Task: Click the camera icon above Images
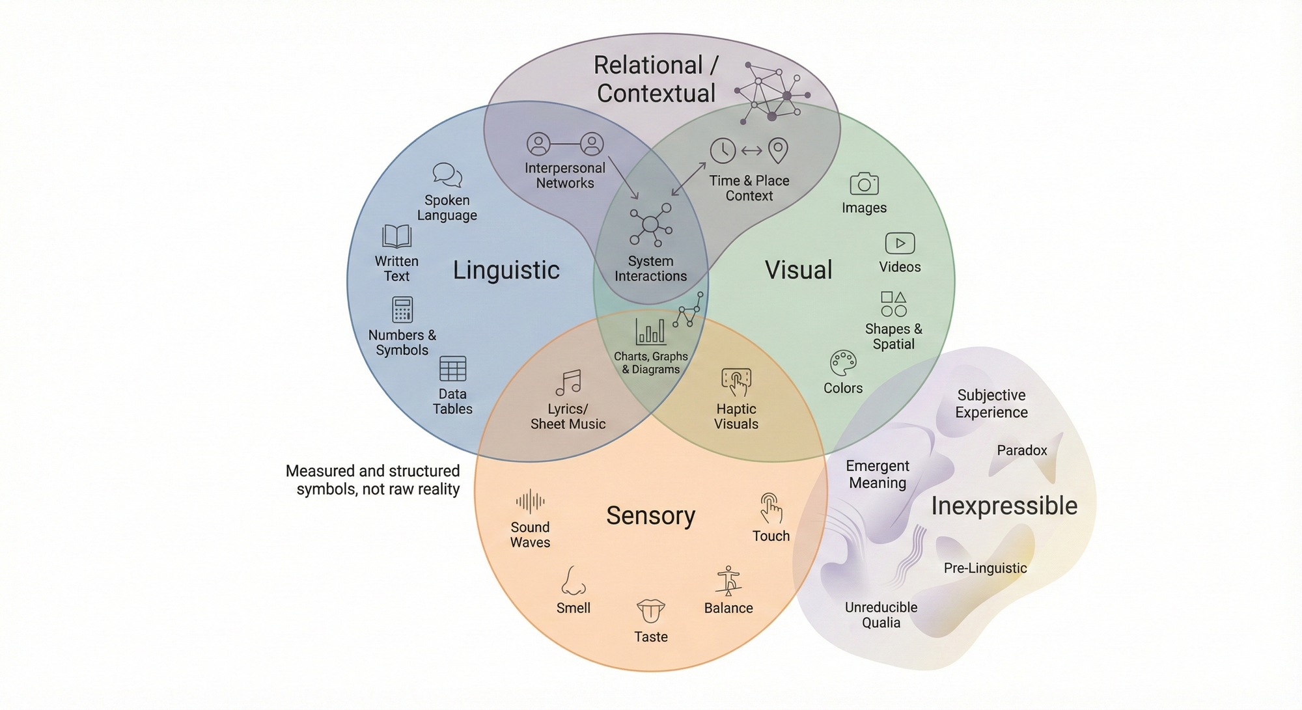click(864, 184)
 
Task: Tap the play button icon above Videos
click(900, 243)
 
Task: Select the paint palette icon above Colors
click(843, 363)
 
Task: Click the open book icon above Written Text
click(396, 236)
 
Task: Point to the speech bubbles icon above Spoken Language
click(447, 175)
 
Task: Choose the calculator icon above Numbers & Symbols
click(402, 310)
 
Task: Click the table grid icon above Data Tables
click(452, 368)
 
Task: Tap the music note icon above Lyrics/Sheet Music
click(568, 383)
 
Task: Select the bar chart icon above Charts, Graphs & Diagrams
click(650, 331)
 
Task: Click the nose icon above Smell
click(572, 581)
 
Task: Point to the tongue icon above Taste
click(650, 611)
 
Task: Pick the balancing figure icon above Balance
click(728, 580)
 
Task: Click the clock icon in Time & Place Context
click(723, 150)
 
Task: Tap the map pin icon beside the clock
click(778, 150)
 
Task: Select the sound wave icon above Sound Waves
click(530, 502)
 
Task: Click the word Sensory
click(650, 515)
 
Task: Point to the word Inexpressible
click(1004, 506)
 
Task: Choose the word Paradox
click(1022, 450)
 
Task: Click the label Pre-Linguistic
click(985, 568)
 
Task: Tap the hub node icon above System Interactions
click(650, 225)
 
